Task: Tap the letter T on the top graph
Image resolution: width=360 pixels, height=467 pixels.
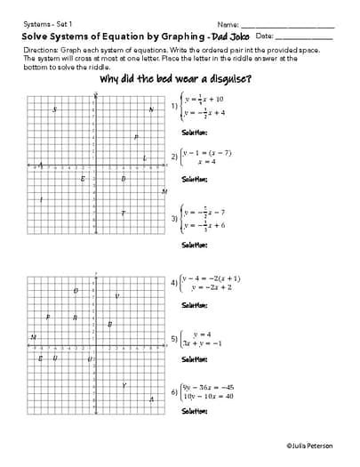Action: (123, 213)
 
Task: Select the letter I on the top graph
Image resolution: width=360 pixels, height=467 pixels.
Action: (41, 198)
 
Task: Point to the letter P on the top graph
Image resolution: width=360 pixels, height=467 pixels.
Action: (135, 137)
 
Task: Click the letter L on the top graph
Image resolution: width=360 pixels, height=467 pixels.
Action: (144, 158)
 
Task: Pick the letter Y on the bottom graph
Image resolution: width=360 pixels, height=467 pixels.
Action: (124, 385)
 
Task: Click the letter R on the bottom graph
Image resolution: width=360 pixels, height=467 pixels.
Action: (75, 318)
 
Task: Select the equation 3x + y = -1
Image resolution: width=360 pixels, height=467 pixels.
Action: (203, 343)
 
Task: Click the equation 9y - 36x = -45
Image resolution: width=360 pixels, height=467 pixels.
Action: (207, 387)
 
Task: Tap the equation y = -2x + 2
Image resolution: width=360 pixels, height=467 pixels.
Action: (212, 287)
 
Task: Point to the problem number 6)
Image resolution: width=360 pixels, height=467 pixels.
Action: (173, 391)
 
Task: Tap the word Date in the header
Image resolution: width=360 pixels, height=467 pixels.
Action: (264, 36)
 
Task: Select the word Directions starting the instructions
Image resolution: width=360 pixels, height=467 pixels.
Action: (39, 52)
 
